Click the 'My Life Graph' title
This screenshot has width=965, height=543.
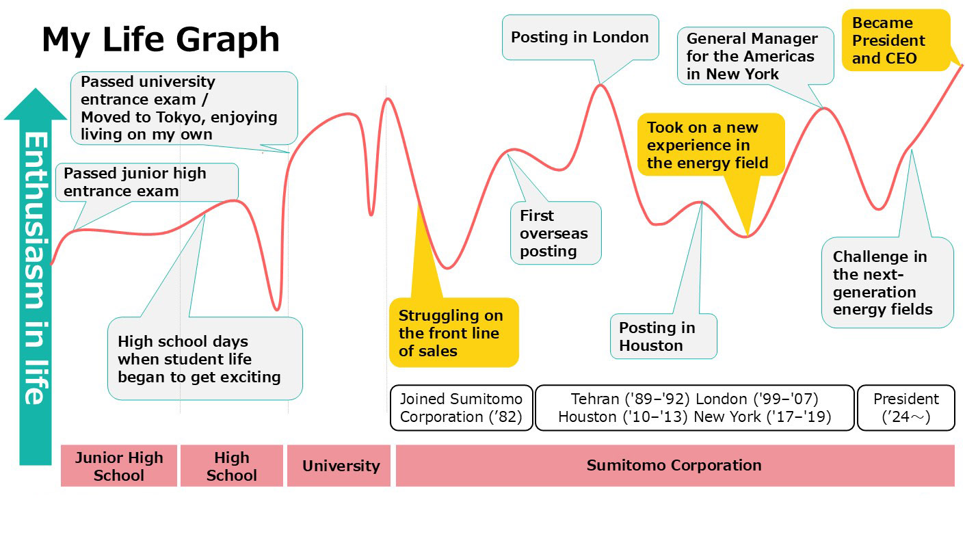coord(161,40)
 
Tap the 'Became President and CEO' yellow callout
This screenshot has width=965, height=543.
coord(896,40)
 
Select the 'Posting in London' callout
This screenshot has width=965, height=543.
coord(580,38)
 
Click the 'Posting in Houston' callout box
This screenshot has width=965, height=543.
coord(663,336)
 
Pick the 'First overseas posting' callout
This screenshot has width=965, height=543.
coord(556,233)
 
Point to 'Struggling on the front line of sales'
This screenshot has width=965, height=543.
coord(453,332)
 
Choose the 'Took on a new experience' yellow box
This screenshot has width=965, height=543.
coord(711,145)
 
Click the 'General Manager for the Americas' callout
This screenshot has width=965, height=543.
coord(756,56)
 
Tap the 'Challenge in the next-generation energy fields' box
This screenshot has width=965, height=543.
coord(888,282)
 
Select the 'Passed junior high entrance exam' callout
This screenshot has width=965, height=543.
coord(147,183)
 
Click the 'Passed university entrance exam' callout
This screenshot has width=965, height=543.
coord(184,108)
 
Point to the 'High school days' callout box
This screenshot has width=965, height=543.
coord(205,358)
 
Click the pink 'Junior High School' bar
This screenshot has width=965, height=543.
coord(119,466)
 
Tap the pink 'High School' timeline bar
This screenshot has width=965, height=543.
coord(232,466)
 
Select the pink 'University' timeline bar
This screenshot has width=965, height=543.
coord(339,466)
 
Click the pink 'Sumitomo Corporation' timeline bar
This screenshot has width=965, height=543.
coord(675,466)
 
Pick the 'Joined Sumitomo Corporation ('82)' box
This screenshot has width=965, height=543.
coord(462,408)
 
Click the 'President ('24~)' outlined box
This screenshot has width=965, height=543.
coord(906,408)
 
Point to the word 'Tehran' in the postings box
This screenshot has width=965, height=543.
coord(595,399)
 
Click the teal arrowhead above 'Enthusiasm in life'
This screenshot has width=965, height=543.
coord(36,105)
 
